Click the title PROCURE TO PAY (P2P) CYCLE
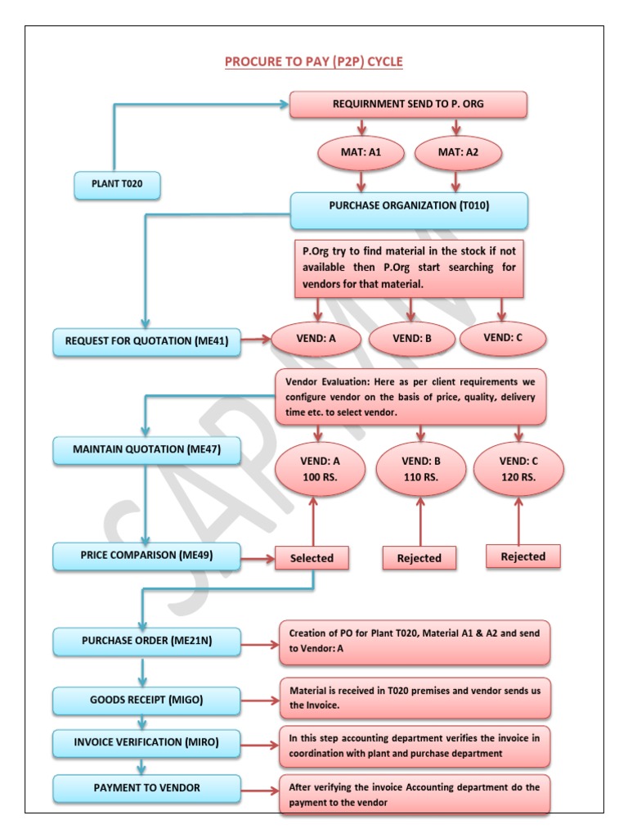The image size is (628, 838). tap(313, 61)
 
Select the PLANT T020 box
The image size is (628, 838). tap(117, 185)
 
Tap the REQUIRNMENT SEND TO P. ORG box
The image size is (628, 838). tap(408, 104)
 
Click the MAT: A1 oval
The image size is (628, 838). tap(361, 153)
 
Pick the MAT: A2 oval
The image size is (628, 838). tap(458, 153)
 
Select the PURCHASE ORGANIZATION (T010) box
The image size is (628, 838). tap(409, 210)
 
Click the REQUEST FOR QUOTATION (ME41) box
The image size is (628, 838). tap(147, 342)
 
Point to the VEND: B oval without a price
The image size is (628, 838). tap(412, 339)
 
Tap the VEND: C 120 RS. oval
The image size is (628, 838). tap(518, 469)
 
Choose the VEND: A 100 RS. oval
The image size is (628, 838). tap(320, 469)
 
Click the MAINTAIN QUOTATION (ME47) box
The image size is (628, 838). tap(147, 450)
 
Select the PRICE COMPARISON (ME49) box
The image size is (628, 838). tap(147, 556)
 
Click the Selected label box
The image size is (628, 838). tap(312, 558)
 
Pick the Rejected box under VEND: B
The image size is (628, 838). tap(419, 558)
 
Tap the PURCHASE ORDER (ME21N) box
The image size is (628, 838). tap(147, 642)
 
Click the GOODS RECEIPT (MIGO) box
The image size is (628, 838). tap(147, 701)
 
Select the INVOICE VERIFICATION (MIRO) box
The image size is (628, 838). tap(147, 743)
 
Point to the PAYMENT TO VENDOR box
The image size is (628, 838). tap(147, 789)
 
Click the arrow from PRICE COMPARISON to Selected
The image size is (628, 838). tap(258, 559)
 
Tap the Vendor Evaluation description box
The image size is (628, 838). tap(410, 397)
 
